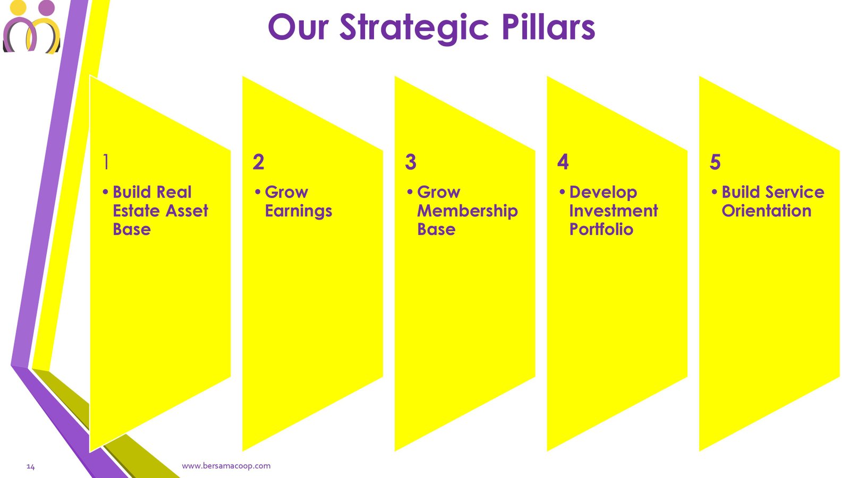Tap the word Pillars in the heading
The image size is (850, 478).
pyautogui.click(x=548, y=27)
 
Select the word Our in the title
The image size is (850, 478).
pyautogui.click(x=298, y=27)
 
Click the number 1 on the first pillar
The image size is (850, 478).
pyautogui.click(x=106, y=161)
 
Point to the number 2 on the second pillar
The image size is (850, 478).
pyautogui.click(x=258, y=161)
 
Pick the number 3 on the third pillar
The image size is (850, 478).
pyautogui.click(x=411, y=161)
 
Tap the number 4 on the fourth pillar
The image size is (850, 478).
pyautogui.click(x=563, y=161)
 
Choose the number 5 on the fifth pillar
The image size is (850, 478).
pyautogui.click(x=715, y=161)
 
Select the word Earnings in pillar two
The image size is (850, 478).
pyautogui.click(x=299, y=211)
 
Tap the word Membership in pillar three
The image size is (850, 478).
pyautogui.click(x=467, y=211)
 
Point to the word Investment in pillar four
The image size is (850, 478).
pyautogui.click(x=614, y=210)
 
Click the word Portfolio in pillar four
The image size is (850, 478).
pyautogui.click(x=601, y=229)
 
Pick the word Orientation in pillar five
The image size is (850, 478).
pyautogui.click(x=767, y=210)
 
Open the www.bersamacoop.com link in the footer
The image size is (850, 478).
pyautogui.click(x=226, y=466)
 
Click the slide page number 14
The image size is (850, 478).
pyautogui.click(x=31, y=467)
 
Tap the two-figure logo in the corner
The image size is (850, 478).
pyautogui.click(x=31, y=26)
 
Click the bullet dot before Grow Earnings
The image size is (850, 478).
pyautogui.click(x=258, y=192)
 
